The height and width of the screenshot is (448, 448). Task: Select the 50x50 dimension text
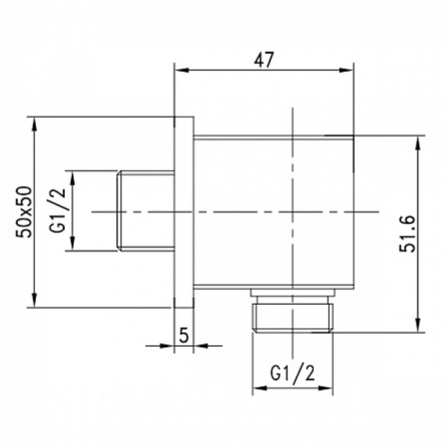pos(25,212)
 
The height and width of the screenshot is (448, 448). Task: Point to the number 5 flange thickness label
pos(184,335)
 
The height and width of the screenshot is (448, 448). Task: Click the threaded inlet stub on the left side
pos(146,211)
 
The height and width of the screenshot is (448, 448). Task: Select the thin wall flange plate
pos(184,212)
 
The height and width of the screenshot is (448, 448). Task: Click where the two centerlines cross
pos(292,212)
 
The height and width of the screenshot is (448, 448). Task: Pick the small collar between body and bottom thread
pos(292,293)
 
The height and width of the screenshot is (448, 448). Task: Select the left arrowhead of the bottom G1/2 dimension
pos(258,388)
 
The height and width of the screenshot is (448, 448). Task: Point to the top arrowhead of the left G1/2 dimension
pos(72,176)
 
